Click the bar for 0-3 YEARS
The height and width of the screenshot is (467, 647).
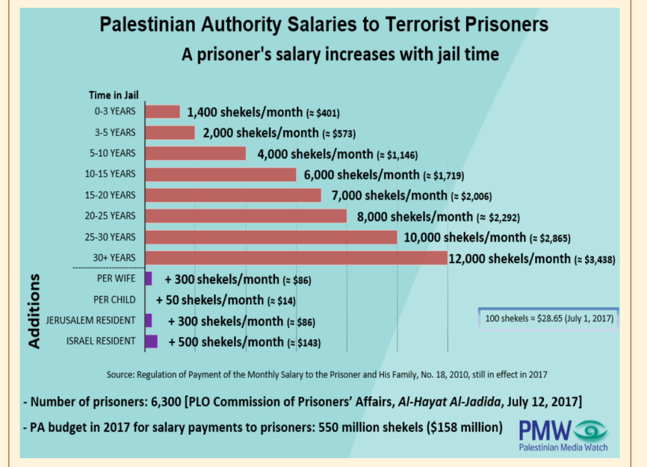pos(163,112)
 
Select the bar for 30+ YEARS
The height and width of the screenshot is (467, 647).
pos(296,258)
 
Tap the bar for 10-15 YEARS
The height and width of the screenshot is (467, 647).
pos(221,174)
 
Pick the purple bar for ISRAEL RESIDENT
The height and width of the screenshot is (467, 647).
pos(151,342)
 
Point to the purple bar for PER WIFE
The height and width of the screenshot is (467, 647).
pos(149,278)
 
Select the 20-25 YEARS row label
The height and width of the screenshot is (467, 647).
pos(111,216)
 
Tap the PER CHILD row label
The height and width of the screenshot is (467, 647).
pos(114,299)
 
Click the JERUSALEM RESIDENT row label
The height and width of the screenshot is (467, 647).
pos(99,320)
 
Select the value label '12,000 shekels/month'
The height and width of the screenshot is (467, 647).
pos(508,258)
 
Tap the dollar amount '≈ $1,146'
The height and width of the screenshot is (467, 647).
pos(398,154)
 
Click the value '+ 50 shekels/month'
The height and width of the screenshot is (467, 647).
pos(210,300)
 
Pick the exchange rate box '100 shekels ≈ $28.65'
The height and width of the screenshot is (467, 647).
pos(548,318)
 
